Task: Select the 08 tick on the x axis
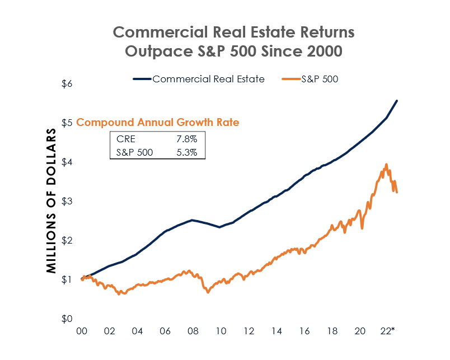(x=193, y=331)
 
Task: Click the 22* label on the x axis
(x=387, y=331)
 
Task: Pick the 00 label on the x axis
(x=82, y=331)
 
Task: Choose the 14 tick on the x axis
(x=275, y=331)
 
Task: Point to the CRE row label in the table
(x=125, y=138)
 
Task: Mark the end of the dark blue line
(x=397, y=101)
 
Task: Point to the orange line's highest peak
(x=386, y=165)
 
